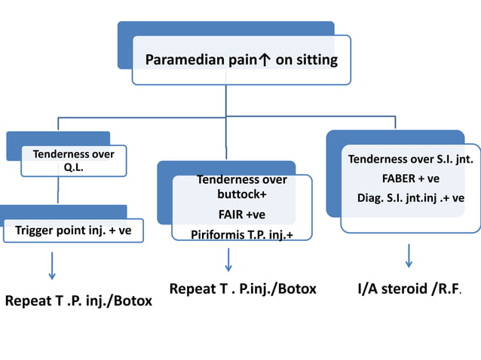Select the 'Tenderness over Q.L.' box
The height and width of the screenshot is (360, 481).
click(73, 160)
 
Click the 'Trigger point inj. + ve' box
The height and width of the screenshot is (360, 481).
click(73, 230)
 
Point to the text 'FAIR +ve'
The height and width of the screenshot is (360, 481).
click(241, 215)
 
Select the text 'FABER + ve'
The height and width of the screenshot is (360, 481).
click(411, 178)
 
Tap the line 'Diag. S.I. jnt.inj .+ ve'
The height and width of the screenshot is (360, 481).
click(411, 198)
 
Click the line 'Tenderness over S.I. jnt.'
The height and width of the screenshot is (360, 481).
click(411, 159)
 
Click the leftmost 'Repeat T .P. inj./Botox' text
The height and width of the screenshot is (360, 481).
click(78, 301)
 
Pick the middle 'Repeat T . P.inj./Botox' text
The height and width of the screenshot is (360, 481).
click(243, 288)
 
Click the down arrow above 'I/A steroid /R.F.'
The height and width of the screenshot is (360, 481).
click(409, 255)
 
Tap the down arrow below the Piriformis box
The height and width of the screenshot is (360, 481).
click(228, 260)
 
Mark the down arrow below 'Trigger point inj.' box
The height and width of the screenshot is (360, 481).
click(52, 265)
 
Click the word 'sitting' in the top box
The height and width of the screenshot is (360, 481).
click(316, 60)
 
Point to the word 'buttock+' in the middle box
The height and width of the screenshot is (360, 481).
click(241, 194)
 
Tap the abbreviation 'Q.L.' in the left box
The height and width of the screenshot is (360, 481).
click(73, 167)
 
